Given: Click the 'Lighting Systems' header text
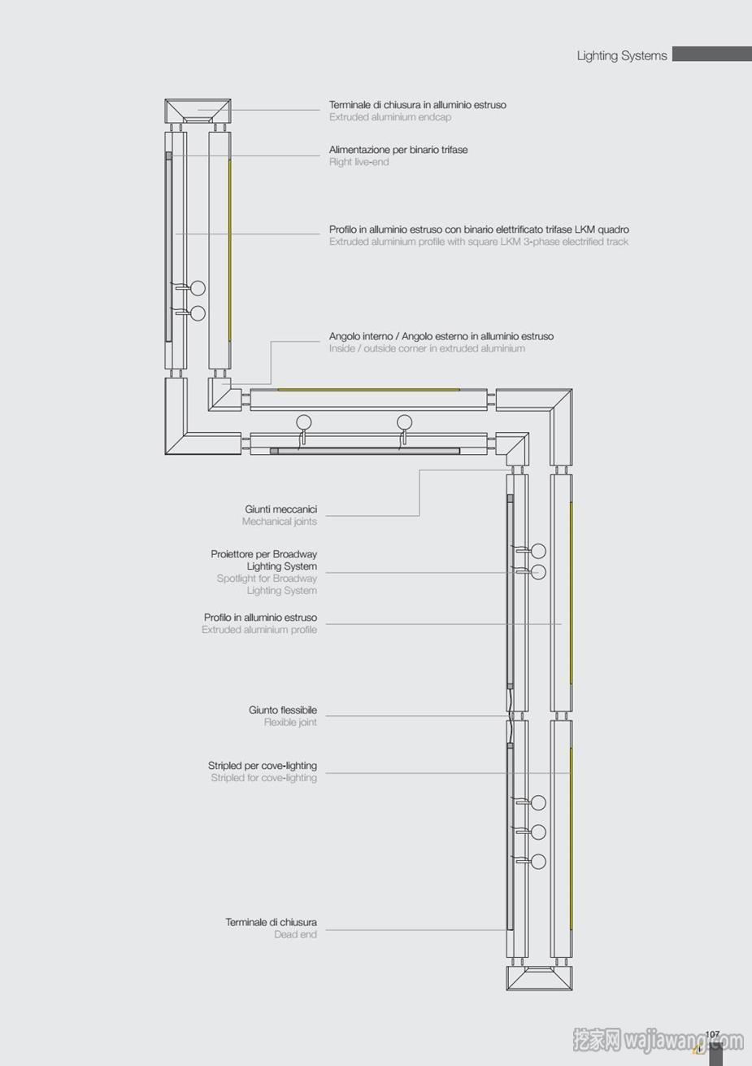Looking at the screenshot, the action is [622, 56].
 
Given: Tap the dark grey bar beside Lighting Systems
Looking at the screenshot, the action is [712, 54].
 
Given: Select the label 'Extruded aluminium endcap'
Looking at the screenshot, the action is [390, 117].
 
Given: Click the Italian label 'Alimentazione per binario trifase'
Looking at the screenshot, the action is [398, 150].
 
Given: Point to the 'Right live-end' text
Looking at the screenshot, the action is [359, 162].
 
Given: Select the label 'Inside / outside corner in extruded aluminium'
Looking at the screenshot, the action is [427, 348].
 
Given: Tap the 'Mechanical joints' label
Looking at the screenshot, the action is [280, 522].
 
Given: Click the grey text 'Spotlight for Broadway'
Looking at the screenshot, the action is [267, 579].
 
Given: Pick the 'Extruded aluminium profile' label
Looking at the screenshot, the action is [259, 630].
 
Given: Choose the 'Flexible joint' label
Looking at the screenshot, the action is [290, 723].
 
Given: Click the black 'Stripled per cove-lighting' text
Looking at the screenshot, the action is [263, 766].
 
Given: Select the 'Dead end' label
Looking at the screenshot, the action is [295, 935].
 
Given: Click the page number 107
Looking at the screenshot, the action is [712, 1034].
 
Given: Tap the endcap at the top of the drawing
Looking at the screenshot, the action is [198, 111].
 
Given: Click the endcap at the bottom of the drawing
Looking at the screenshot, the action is [539, 978].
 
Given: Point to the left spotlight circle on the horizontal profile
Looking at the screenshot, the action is [304, 422].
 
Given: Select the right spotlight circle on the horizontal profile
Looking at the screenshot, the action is [405, 422].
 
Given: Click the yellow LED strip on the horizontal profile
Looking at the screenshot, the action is [369, 389].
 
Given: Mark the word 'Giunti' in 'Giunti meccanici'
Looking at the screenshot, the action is [258, 509].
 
